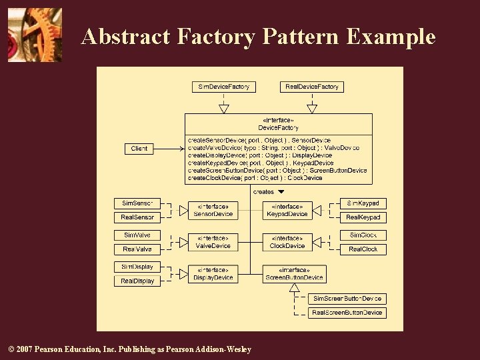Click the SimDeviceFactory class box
[224, 87]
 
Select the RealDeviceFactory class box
[311, 87]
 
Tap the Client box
[139, 149]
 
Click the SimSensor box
[137, 203]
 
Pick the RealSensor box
[137, 217]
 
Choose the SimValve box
[137, 235]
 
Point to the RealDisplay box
[137, 281]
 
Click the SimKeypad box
[363, 203]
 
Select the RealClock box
[363, 249]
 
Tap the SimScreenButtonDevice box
[347, 299]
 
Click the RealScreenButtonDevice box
[347, 313]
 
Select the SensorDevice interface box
[213, 211]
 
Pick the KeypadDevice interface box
[287, 211]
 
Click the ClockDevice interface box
[287, 242]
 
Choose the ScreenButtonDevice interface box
[294, 274]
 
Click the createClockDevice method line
[255, 178]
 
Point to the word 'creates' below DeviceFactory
[264, 192]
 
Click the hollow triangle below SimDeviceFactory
[224, 109]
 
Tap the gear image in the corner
[35, 35]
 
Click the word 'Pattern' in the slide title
[300, 37]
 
